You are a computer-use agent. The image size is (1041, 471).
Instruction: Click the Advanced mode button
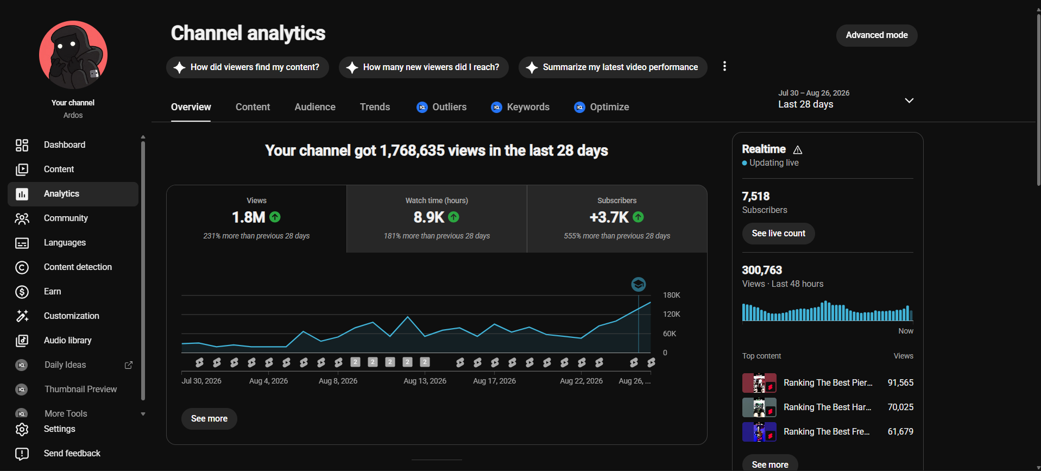pyautogui.click(x=876, y=35)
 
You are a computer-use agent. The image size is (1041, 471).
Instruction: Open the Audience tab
pyautogui.click(x=315, y=107)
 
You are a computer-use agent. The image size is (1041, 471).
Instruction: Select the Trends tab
pyautogui.click(x=375, y=107)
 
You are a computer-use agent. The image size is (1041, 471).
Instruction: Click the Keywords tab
pyautogui.click(x=520, y=107)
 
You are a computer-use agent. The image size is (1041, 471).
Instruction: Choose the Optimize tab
pyautogui.click(x=602, y=107)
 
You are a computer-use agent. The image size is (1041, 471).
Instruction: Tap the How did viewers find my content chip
pyautogui.click(x=248, y=67)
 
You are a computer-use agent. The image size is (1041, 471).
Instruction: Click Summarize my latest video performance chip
pyautogui.click(x=613, y=67)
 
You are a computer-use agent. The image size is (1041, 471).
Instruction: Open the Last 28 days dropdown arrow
pyautogui.click(x=909, y=101)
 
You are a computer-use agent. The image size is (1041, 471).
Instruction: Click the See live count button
pyautogui.click(x=779, y=234)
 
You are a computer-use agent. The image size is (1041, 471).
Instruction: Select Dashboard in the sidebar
pyautogui.click(x=65, y=145)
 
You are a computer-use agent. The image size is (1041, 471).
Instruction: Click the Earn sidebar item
pyautogui.click(x=53, y=292)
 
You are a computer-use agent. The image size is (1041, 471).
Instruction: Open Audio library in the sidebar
pyautogui.click(x=68, y=341)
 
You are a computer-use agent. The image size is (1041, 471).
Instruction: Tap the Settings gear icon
pyautogui.click(x=22, y=429)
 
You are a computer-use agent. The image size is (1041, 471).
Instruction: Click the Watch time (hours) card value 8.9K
pyautogui.click(x=429, y=217)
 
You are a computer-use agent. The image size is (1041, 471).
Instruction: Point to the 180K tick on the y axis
pyautogui.click(x=672, y=295)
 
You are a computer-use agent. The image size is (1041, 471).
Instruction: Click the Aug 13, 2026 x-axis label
pyautogui.click(x=425, y=381)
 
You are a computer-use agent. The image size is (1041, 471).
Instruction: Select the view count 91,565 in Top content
pyautogui.click(x=900, y=382)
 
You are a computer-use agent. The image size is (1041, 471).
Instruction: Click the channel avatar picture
pyautogui.click(x=73, y=55)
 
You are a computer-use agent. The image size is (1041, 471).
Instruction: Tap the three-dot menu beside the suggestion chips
pyautogui.click(x=724, y=66)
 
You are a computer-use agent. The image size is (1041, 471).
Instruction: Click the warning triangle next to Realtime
pyautogui.click(x=798, y=150)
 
